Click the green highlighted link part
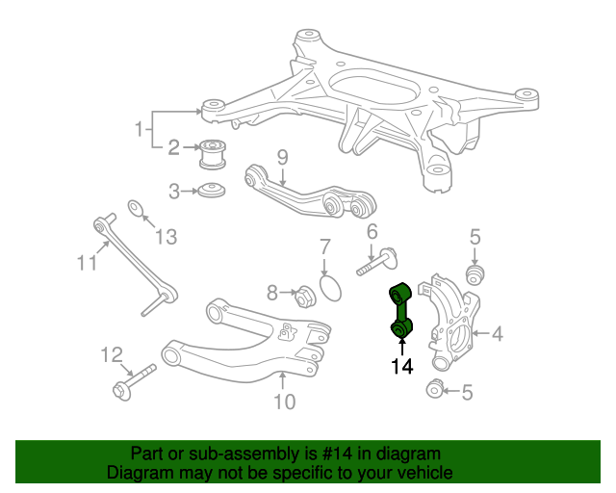(x=400, y=311)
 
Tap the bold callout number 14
(x=402, y=367)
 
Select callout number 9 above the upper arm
(x=282, y=158)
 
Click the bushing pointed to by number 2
(x=213, y=154)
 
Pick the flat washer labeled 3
(x=212, y=191)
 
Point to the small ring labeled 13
(x=135, y=208)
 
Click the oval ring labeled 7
(x=330, y=288)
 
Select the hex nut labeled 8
(x=305, y=297)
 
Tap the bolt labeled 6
(x=377, y=262)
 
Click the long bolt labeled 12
(x=135, y=381)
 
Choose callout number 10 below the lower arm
(x=284, y=402)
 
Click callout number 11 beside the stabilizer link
(x=87, y=263)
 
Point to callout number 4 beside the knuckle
(x=498, y=334)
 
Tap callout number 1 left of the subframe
(x=139, y=129)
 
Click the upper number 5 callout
(x=475, y=237)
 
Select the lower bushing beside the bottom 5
(x=434, y=389)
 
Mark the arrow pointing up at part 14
(x=402, y=348)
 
